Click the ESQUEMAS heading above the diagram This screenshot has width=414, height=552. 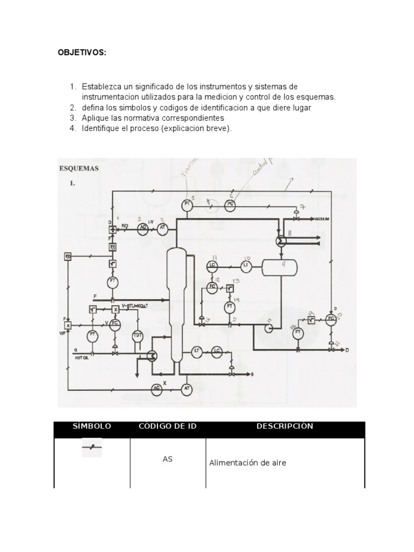pos(79,168)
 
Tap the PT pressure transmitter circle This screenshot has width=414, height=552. pos(188,204)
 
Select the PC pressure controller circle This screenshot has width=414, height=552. pos(231,204)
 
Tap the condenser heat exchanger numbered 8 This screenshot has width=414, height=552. pos(281,241)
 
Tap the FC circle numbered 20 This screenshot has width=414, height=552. pos(331,319)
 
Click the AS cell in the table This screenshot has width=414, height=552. pos(168,459)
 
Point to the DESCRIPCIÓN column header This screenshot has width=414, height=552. pos(285,426)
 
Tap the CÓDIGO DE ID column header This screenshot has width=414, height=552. pos(168,426)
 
